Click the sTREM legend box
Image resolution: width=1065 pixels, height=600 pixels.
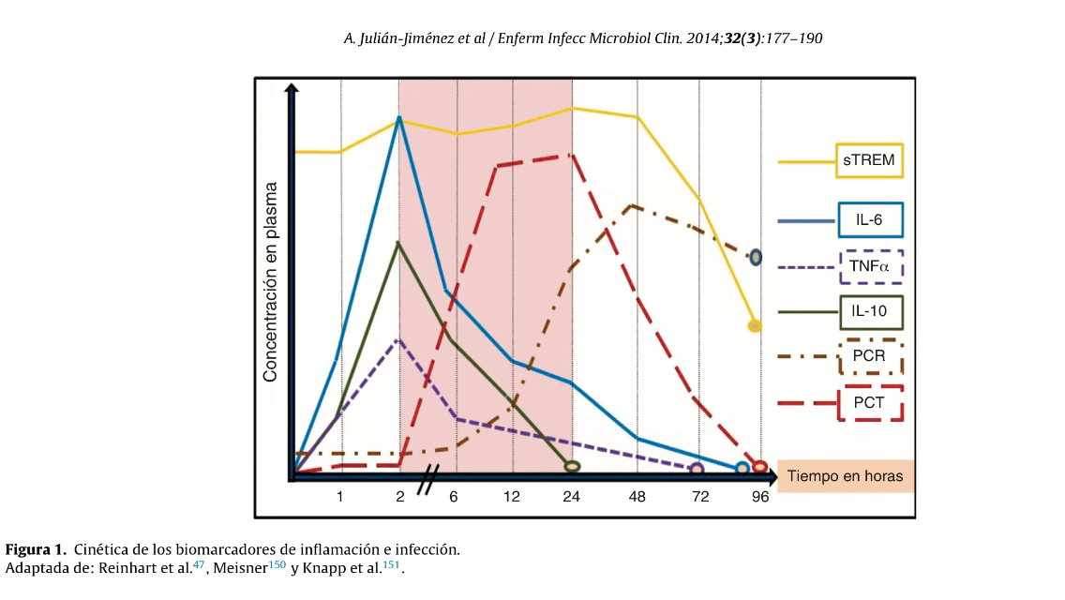pos(869,161)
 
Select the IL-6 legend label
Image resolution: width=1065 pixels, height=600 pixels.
pos(869,221)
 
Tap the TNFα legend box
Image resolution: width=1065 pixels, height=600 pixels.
pos(869,266)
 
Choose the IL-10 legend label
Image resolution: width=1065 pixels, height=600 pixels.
pos(869,310)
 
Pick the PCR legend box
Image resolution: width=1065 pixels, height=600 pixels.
pos(869,357)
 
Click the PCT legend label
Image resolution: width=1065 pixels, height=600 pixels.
pos(869,403)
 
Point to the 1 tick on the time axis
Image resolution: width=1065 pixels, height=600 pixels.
pos(340,497)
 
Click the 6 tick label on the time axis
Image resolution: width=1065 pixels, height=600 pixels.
pos(453,497)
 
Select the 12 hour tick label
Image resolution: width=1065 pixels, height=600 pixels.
pos(513,497)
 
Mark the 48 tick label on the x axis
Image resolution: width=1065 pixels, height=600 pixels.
pos(637,497)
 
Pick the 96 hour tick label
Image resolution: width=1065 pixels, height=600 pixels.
pos(760,497)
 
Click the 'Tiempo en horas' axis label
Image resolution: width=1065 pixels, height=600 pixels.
pos(846,476)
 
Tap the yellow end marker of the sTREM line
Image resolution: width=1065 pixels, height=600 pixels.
pos(755,326)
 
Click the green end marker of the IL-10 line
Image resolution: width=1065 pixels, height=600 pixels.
pos(572,466)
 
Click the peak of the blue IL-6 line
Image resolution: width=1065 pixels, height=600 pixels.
pos(399,118)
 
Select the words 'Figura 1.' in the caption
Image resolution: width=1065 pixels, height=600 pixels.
pos(36,549)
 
